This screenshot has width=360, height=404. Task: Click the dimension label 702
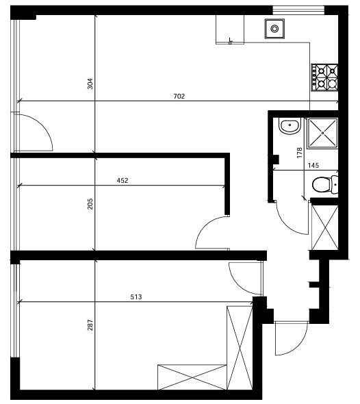[x=179, y=97]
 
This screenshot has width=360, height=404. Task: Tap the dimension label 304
[x=90, y=84]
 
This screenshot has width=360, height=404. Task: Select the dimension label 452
[x=123, y=181]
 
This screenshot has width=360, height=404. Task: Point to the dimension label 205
[x=90, y=203]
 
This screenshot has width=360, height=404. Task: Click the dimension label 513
[x=136, y=297]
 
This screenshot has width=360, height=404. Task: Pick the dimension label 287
[x=90, y=325]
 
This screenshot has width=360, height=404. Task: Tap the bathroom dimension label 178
[x=299, y=153]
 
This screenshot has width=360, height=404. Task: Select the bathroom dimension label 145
[x=313, y=166]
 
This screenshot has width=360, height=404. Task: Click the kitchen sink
[x=274, y=29]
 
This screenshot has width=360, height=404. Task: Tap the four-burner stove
[x=324, y=77]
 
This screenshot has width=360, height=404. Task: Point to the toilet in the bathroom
[x=325, y=185]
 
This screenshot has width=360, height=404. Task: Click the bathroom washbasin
[x=290, y=126]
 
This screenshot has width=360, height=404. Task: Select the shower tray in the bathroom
[x=322, y=133]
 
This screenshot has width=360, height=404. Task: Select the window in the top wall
[x=298, y=10]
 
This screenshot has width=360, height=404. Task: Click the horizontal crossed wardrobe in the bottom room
[x=192, y=377]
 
